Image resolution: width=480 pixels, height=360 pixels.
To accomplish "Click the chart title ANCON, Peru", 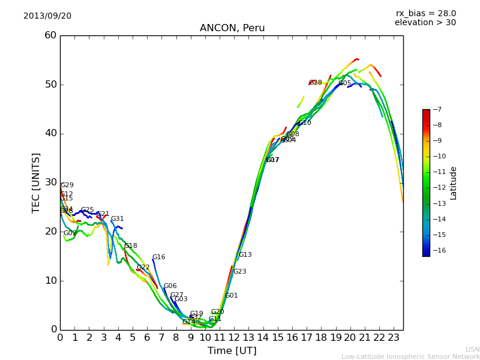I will click(x=232, y=28).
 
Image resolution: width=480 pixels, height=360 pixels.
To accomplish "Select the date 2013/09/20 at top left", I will click(x=47, y=16).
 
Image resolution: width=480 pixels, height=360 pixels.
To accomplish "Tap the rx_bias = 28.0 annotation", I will click(x=425, y=13).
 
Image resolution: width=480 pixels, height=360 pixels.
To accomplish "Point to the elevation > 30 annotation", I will click(x=425, y=23).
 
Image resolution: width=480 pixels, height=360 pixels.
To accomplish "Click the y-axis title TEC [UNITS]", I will click(x=36, y=182).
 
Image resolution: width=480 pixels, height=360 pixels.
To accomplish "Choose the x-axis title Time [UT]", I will click(x=232, y=350).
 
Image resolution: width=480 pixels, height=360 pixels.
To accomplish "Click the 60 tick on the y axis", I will click(x=50, y=35).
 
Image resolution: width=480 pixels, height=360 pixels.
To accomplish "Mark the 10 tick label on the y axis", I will click(x=50, y=280).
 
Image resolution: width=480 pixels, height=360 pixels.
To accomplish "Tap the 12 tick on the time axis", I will click(x=234, y=338).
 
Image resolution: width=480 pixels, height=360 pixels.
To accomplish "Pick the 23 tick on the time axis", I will click(x=394, y=338).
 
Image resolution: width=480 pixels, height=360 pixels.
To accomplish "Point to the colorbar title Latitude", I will click(x=454, y=183).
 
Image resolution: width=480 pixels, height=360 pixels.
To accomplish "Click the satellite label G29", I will click(x=67, y=185).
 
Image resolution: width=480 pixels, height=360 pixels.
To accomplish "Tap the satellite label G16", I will click(x=158, y=257).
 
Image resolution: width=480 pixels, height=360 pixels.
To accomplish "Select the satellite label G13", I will click(x=245, y=255).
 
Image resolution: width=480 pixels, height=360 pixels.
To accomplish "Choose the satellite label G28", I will click(x=316, y=83).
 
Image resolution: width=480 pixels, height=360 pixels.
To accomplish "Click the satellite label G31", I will click(x=117, y=219).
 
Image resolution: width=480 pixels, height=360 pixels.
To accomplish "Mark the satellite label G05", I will click(x=345, y=83).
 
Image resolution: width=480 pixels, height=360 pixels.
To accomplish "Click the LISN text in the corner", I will click(x=472, y=349).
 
